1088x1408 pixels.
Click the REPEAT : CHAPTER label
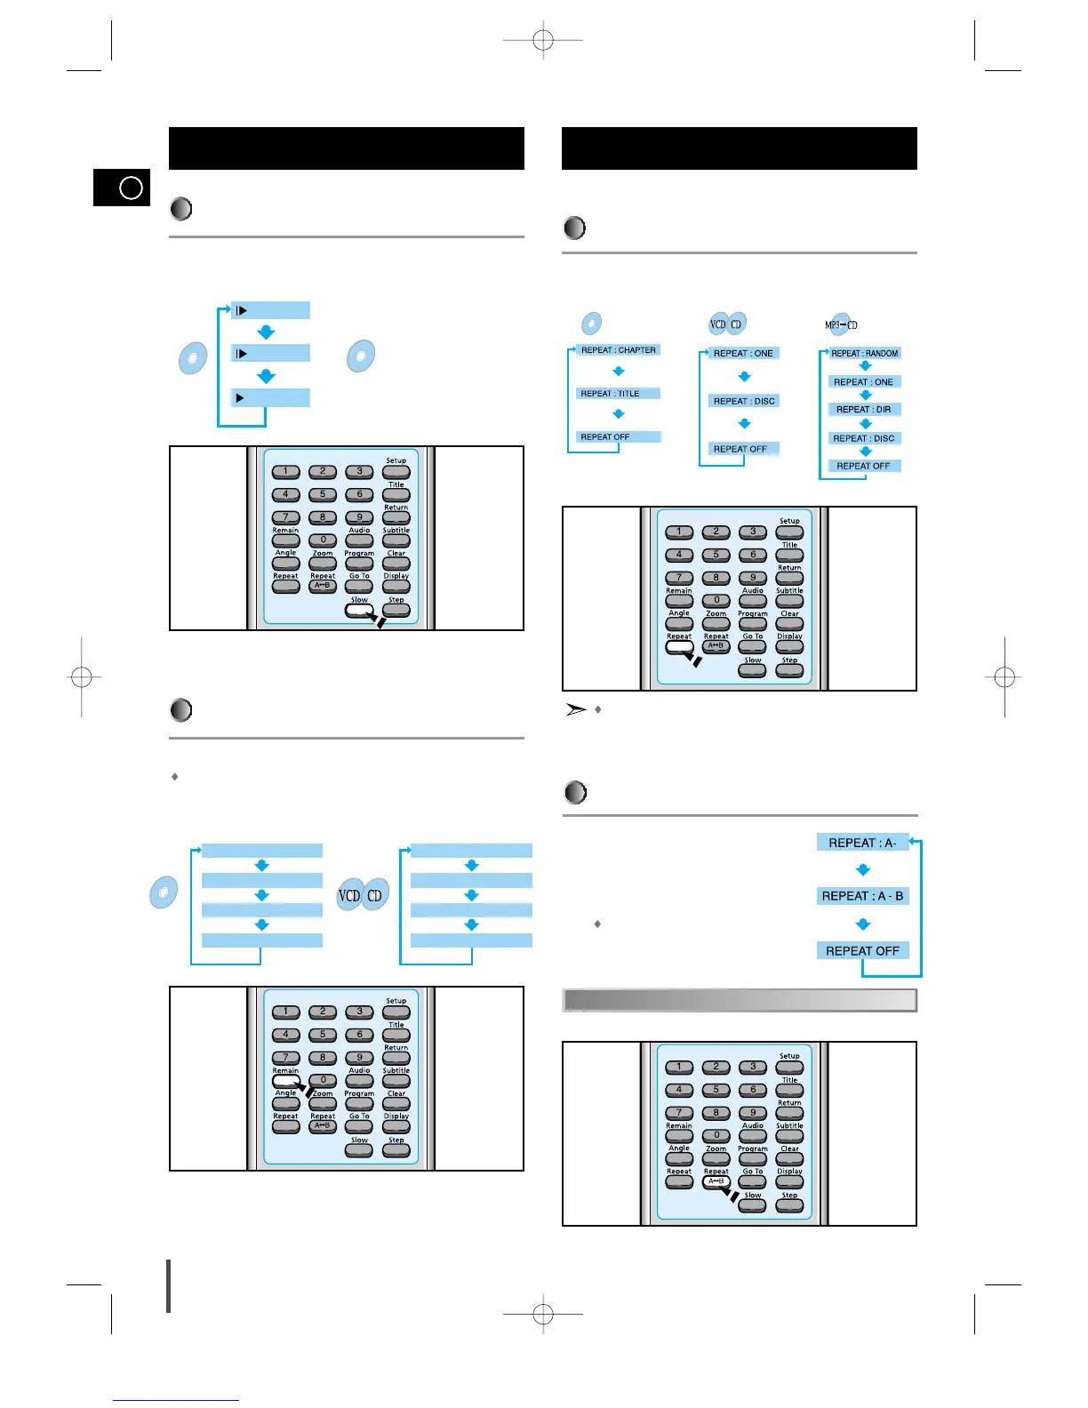(x=618, y=350)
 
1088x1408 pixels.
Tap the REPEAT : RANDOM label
(x=864, y=354)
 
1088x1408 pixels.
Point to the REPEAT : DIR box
(x=863, y=410)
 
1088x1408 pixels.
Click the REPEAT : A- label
(x=862, y=843)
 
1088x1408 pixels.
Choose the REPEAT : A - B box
(x=862, y=896)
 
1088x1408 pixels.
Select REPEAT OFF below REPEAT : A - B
(x=862, y=951)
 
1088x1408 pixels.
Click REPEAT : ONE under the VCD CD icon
(x=743, y=354)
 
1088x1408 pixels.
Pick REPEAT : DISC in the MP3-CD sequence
(x=863, y=438)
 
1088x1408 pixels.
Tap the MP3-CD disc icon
(x=841, y=325)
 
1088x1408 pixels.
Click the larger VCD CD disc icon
(x=363, y=895)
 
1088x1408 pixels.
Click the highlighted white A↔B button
(x=716, y=1182)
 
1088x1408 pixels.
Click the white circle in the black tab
(x=131, y=188)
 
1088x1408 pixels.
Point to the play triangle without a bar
(x=240, y=398)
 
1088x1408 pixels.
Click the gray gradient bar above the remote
(x=740, y=1000)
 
